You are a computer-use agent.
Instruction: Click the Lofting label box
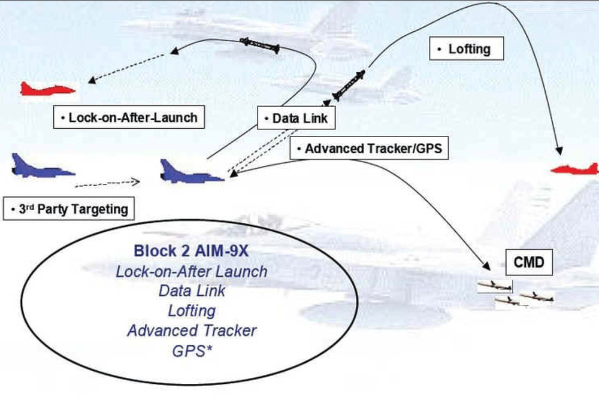click(467, 49)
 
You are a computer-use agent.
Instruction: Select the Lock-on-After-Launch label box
click(129, 117)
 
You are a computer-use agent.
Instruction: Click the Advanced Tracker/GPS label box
click(368, 149)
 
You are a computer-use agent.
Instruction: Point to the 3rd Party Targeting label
click(69, 209)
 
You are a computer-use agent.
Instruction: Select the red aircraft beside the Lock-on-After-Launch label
click(47, 90)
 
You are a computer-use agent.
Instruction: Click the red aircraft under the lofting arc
click(575, 169)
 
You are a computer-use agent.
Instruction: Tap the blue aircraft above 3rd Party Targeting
click(42, 166)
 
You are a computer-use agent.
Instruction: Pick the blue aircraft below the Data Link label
click(191, 171)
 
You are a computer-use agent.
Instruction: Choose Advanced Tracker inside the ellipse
click(192, 330)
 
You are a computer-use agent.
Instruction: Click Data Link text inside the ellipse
click(192, 291)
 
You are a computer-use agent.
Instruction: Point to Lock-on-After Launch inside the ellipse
click(192, 271)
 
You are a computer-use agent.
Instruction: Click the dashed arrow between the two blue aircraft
click(108, 181)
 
